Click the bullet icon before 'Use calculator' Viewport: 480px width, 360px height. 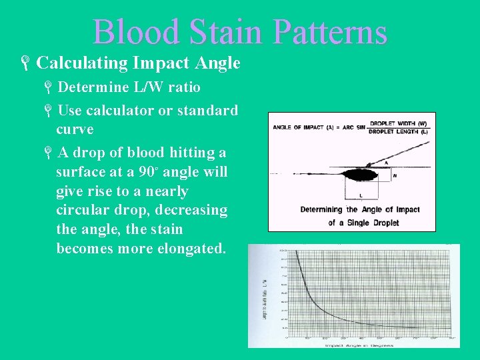[49, 111]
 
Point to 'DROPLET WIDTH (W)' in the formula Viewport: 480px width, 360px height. [398, 123]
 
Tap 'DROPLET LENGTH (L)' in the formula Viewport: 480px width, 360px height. [398, 131]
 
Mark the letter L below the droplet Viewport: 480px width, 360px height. [361, 196]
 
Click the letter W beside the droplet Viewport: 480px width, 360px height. [394, 176]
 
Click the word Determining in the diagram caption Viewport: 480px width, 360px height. [323, 209]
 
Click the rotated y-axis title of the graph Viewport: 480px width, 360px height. [266, 293]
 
